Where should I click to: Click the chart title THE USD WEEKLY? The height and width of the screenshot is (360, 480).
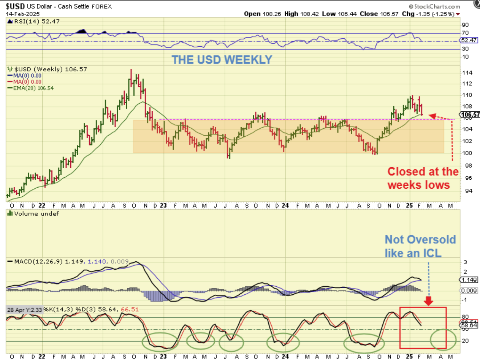tap(222, 60)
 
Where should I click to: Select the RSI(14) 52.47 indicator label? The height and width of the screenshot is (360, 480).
tap(28, 22)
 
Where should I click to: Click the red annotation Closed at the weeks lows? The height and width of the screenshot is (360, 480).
tap(423, 178)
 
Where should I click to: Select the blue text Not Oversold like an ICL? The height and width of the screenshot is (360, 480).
tap(420, 246)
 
